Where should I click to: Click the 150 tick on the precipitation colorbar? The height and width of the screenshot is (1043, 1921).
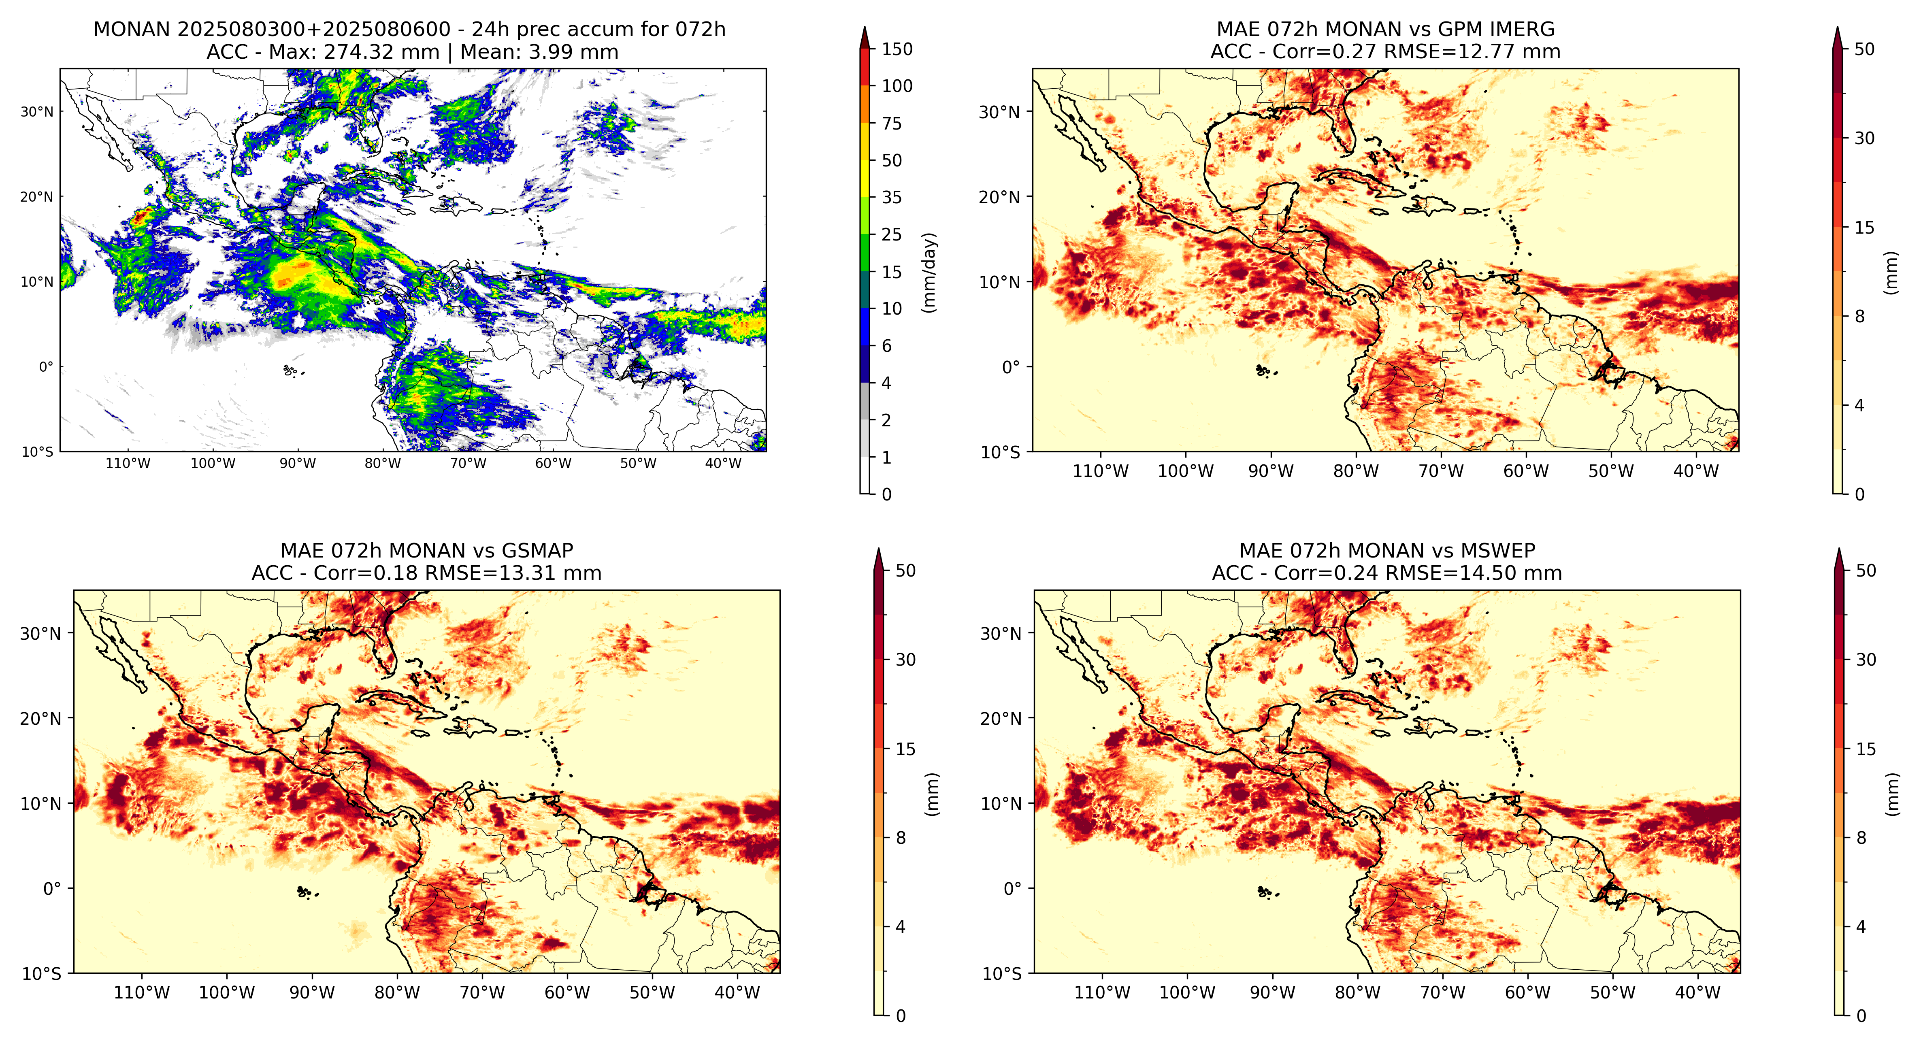tap(897, 49)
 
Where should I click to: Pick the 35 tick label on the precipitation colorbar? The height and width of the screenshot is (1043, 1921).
tap(892, 198)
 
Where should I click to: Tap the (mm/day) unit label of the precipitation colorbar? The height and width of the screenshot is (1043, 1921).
tap(929, 272)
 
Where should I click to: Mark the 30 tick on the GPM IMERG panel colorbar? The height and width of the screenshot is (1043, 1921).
tap(1864, 138)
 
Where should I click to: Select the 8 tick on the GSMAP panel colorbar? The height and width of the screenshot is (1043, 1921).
tap(901, 838)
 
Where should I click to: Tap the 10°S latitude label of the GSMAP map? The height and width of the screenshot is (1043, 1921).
tap(42, 974)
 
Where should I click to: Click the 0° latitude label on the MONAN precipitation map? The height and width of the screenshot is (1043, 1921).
tap(46, 367)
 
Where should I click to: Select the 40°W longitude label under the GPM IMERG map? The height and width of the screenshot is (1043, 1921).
tap(1697, 471)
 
